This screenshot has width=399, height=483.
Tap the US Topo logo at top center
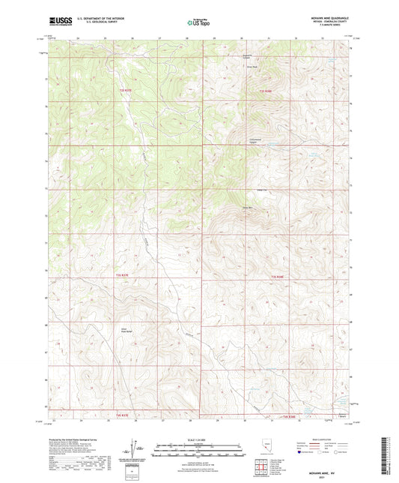click(198, 23)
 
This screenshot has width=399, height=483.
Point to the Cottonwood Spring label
click(255, 141)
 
